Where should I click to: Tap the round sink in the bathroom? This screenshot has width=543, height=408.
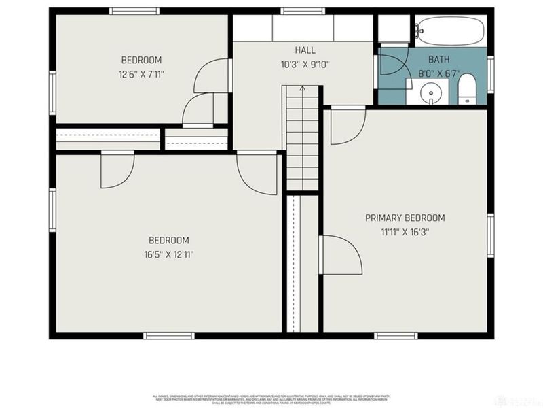click(430, 91)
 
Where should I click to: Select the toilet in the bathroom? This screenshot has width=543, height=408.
click(467, 90)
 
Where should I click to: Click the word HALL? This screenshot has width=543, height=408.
click(305, 50)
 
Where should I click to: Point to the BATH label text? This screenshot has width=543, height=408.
click(439, 60)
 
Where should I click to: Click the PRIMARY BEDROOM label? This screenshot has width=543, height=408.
click(405, 218)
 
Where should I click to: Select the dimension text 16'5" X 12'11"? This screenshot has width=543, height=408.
click(168, 254)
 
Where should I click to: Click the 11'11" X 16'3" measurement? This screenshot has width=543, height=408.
click(405, 232)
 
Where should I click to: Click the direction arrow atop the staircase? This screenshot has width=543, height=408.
click(302, 88)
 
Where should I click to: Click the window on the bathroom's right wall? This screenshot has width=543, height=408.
click(490, 73)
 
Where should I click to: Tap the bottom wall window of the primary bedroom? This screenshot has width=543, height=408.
click(396, 335)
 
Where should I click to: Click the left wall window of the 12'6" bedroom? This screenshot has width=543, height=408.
click(52, 89)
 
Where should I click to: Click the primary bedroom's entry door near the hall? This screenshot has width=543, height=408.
click(346, 126)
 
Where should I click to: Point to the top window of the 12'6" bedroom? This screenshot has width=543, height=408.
click(134, 11)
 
